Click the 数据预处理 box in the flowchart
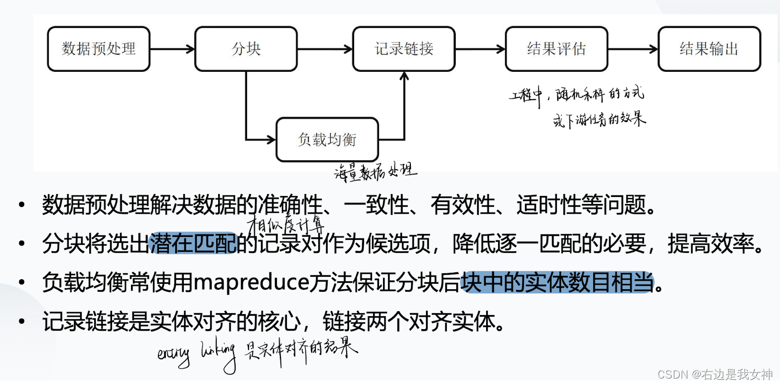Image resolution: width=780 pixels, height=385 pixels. point(99,49)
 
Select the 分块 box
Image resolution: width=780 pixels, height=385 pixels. point(246,49)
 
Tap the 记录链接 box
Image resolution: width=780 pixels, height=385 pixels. point(403,49)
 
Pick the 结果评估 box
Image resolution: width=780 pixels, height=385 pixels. point(556,49)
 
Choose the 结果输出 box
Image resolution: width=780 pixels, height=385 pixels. point(709,49)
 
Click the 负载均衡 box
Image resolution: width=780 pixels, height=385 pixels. point(327,139)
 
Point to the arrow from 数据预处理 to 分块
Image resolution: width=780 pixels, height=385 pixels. point(172,49)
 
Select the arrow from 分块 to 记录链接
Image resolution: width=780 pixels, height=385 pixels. point(325,49)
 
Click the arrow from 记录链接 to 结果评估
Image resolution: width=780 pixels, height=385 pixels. point(480,49)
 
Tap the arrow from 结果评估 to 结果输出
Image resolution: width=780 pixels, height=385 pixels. point(633,49)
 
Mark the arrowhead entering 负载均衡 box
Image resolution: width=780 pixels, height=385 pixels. point(272,139)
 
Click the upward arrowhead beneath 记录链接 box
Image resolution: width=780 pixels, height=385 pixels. point(404,76)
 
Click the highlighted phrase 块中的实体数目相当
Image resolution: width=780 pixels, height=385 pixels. point(557,283)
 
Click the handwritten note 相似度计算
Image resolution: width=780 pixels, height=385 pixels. point(281,220)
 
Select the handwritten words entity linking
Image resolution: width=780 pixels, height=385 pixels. point(196,355)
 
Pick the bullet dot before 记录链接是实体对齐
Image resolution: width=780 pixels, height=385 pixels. point(20,321)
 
